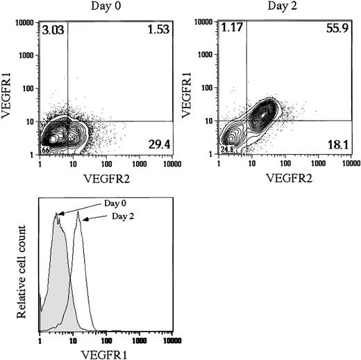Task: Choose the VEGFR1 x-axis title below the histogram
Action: tap(106, 353)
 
